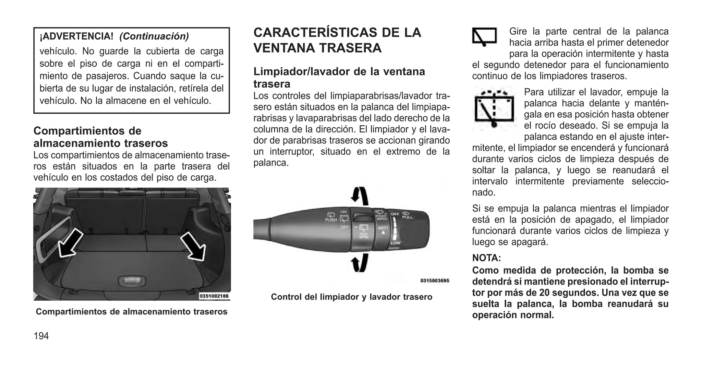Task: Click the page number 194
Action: click(41, 336)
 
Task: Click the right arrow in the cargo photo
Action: click(193, 246)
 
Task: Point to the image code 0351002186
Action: click(214, 296)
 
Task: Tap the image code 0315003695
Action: click(434, 280)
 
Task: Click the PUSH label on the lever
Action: click(331, 220)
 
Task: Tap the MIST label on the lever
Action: click(383, 228)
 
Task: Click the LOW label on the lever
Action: click(395, 243)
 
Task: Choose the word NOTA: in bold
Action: click(486, 257)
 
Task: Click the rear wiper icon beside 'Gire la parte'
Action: click(484, 36)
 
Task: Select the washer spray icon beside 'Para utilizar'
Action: click(494, 108)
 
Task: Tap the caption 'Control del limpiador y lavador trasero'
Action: click(351, 297)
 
